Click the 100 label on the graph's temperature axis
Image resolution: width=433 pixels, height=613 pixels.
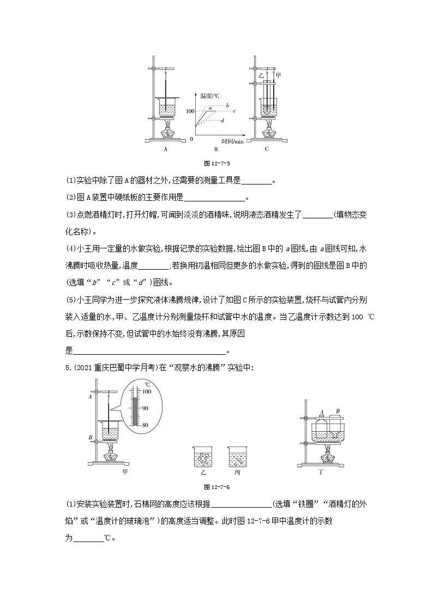click(189, 111)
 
